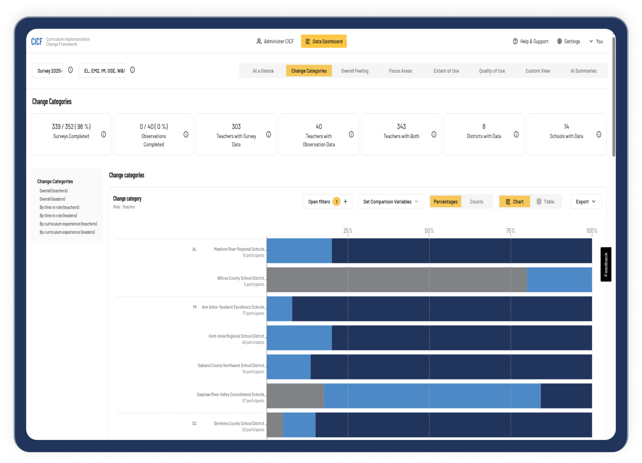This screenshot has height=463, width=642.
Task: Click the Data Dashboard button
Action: click(x=324, y=41)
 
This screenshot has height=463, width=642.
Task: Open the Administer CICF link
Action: click(x=275, y=41)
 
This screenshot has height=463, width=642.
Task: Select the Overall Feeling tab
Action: click(x=355, y=71)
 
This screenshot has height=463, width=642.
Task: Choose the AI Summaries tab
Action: click(x=583, y=71)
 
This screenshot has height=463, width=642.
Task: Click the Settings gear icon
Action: click(x=559, y=41)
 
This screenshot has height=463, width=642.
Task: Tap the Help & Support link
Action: click(x=530, y=41)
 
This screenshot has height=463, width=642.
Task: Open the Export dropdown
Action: click(x=586, y=202)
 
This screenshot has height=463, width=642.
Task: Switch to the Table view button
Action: click(x=545, y=202)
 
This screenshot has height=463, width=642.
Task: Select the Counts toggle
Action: click(x=476, y=202)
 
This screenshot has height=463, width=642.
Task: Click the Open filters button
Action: click(x=319, y=202)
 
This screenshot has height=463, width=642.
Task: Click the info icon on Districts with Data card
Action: click(x=516, y=134)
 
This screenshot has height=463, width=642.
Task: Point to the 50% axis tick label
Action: click(x=429, y=231)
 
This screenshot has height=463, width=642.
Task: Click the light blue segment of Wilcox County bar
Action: click(x=559, y=280)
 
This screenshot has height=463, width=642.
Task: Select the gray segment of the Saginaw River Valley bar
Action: click(x=295, y=396)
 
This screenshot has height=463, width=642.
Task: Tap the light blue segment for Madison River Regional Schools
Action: click(x=299, y=250)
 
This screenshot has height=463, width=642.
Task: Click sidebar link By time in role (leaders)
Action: click(x=58, y=216)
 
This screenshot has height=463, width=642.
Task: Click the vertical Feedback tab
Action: click(x=606, y=264)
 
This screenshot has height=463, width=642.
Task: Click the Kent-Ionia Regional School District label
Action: click(x=236, y=336)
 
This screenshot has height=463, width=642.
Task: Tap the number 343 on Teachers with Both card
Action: click(x=401, y=127)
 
